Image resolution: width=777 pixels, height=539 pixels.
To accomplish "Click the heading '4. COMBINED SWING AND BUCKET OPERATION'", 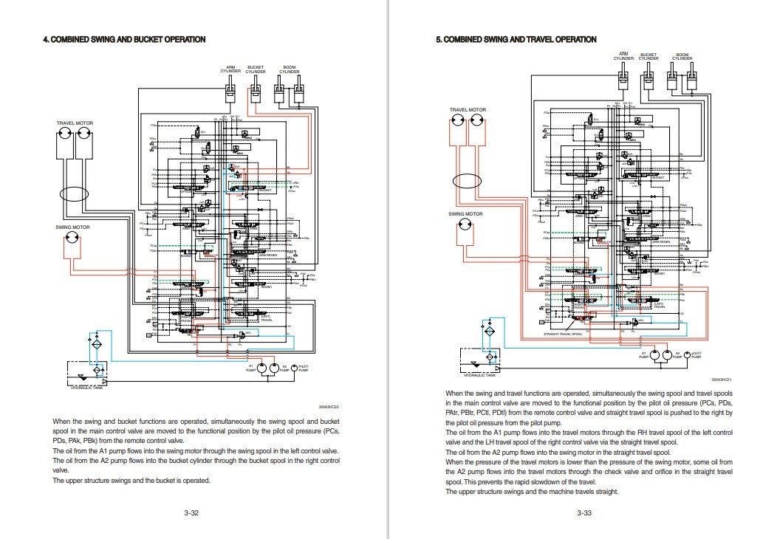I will (x=124, y=39).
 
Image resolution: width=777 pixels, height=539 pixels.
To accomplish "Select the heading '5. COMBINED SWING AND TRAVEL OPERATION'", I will (x=516, y=39).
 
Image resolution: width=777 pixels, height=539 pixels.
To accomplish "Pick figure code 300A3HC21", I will (x=722, y=380).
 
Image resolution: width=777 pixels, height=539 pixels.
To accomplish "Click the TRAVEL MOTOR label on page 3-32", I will (x=75, y=123).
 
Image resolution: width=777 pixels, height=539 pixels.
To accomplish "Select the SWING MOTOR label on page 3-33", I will (x=465, y=213).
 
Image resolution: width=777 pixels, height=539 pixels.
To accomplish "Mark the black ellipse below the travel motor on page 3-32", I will (x=74, y=195).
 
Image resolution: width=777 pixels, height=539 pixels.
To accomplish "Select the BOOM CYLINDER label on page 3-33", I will (x=682, y=56).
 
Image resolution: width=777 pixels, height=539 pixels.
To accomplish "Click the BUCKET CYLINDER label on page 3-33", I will (x=648, y=56).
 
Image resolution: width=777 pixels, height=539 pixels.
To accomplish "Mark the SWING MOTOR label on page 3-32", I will (x=73, y=227).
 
